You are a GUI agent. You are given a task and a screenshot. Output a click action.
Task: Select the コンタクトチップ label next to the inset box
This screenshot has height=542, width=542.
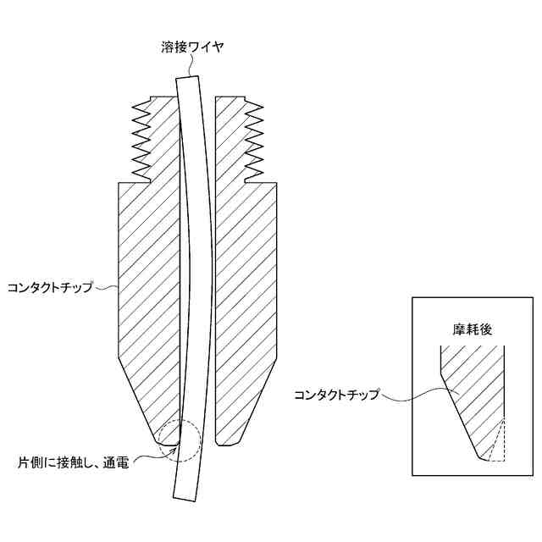pos(336,395)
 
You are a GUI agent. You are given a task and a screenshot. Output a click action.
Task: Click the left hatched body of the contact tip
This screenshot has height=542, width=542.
pos(147,279)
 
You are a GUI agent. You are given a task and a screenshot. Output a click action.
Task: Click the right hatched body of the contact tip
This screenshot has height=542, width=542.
pos(247,279)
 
